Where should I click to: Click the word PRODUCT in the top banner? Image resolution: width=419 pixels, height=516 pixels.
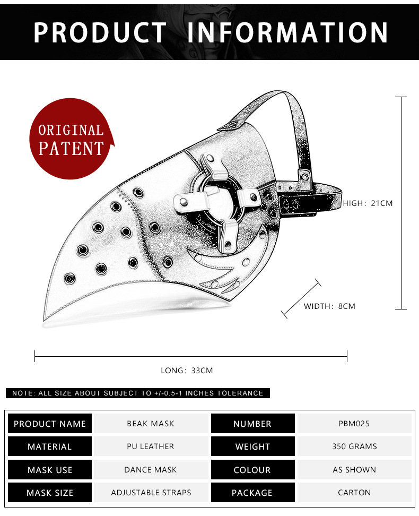[x=100, y=32]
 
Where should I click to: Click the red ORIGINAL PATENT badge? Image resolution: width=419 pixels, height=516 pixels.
[x=71, y=139]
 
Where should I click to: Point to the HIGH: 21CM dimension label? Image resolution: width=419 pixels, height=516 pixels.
[x=368, y=203]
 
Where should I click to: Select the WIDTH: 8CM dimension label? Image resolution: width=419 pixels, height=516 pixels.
[x=329, y=306]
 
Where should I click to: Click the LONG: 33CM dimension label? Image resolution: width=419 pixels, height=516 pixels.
[x=187, y=371]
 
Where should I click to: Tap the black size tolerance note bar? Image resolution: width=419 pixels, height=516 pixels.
[x=138, y=393]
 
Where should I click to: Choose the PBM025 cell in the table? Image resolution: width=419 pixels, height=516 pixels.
[x=354, y=424]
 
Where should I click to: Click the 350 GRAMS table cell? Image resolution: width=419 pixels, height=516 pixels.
[x=354, y=446]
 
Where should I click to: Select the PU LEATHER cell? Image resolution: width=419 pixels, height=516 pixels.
[x=151, y=446]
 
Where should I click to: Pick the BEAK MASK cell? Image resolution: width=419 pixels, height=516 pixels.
[x=151, y=424]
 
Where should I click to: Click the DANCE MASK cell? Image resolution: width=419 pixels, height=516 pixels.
[x=151, y=470]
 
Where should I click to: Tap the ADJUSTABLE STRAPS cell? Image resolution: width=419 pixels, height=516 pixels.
[x=151, y=493]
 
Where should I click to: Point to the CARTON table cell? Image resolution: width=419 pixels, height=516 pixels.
[x=354, y=493]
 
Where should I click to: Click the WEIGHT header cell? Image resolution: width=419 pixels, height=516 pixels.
[x=252, y=446]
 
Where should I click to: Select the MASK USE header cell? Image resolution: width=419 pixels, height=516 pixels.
[x=50, y=470]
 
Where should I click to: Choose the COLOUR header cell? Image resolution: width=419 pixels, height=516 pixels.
[x=252, y=470]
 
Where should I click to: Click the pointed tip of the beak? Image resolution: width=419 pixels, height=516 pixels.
[x=43, y=320]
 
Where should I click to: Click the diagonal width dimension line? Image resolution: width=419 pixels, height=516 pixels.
[x=301, y=299]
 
